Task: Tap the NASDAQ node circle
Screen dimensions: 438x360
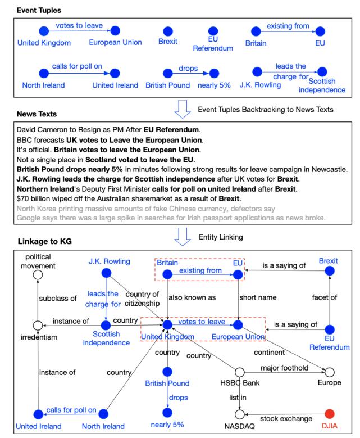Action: (240, 413)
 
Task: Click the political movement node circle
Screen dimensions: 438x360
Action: (38, 274)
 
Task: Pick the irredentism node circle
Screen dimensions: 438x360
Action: (38, 325)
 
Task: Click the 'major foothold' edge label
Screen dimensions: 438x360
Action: (284, 368)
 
